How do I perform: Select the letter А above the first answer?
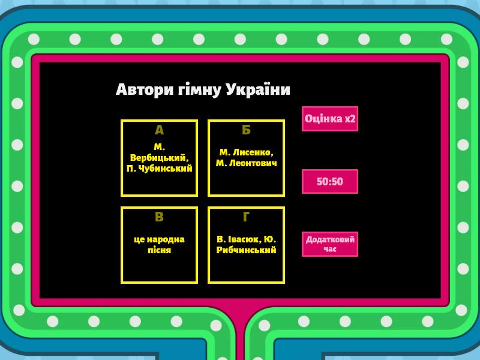click(x=159, y=130)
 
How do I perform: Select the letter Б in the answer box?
click(x=246, y=130)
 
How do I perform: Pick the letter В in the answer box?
click(x=159, y=217)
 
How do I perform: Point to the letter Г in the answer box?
click(x=246, y=217)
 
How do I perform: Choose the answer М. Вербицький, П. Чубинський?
click(x=159, y=158)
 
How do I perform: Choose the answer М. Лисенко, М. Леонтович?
click(x=246, y=158)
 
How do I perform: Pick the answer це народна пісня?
click(x=159, y=245)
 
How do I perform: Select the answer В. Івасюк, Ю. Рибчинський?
click(x=246, y=245)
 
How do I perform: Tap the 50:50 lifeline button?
click(x=329, y=181)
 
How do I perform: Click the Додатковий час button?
click(x=329, y=244)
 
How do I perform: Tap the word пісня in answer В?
click(x=159, y=250)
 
